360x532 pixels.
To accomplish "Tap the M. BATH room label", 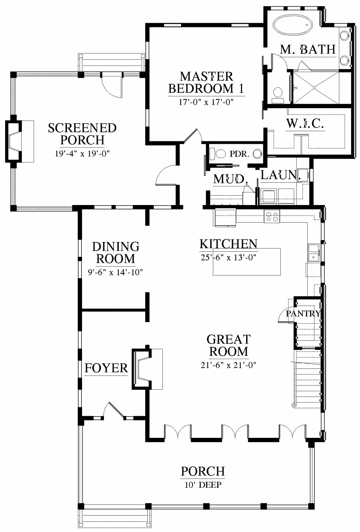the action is (x=308, y=50).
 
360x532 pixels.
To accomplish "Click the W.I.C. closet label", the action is (x=305, y=123).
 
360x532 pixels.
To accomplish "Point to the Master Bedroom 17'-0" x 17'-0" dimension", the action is (x=206, y=102).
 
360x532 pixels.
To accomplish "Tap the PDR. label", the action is (x=239, y=154).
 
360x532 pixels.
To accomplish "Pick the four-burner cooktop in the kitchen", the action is (x=272, y=216).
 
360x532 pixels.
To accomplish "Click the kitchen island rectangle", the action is (x=247, y=262).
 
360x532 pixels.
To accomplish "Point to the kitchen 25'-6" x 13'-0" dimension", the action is (x=228, y=257).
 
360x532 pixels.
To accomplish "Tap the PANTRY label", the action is (x=303, y=313).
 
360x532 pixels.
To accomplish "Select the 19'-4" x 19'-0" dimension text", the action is (x=82, y=154).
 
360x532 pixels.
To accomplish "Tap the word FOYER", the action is (x=106, y=368).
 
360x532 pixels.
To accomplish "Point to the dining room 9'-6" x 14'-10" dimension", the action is (x=116, y=272).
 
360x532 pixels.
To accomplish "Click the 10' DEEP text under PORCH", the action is (x=203, y=485).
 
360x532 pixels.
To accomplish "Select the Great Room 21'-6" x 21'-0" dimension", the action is (x=228, y=365).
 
